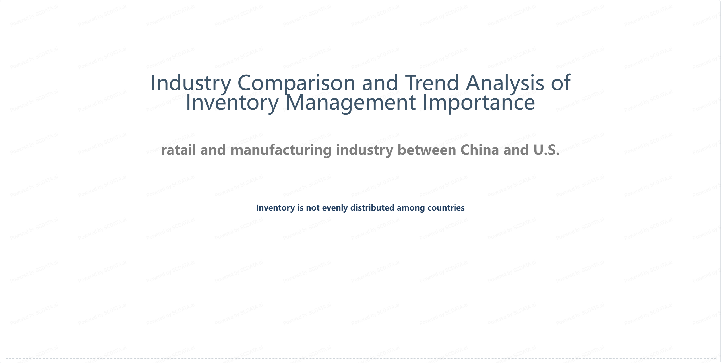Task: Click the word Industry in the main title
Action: pos(191,83)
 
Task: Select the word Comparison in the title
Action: pos(296,83)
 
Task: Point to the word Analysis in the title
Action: pos(505,83)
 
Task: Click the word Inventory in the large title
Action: pos(232,103)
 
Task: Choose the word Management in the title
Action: pos(350,103)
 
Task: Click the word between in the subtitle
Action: pos(427,150)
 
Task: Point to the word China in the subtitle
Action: pos(480,150)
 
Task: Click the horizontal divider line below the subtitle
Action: pos(360,171)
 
